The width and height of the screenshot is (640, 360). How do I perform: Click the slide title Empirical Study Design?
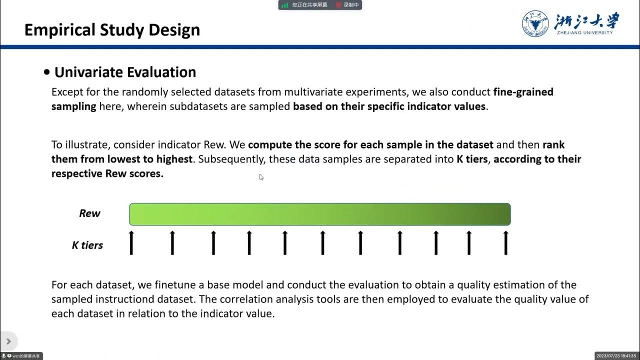pos(112,30)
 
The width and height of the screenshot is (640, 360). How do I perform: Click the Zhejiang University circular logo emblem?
pos(535,23)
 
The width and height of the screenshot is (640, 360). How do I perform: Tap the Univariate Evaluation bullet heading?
pos(125,72)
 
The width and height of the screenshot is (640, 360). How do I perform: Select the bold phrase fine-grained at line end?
pos(523,92)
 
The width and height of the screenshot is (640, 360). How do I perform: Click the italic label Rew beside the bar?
pos(89,213)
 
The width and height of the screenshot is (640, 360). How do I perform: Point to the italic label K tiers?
pos(87,245)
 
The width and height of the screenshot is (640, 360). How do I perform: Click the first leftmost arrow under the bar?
pos(131,242)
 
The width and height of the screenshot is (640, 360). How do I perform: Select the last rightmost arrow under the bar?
pos(506,242)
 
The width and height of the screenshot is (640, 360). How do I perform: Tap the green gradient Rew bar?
pos(320,214)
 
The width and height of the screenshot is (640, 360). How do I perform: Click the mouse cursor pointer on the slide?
pos(261,176)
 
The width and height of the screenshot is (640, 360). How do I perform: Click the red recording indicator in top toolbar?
pos(338,5)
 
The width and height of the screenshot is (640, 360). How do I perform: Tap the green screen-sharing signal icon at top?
pos(284,5)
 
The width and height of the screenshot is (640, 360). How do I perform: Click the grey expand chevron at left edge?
pos(8,341)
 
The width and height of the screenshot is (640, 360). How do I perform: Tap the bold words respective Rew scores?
pos(107,174)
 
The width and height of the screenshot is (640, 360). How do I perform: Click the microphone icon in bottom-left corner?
pos(4,356)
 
